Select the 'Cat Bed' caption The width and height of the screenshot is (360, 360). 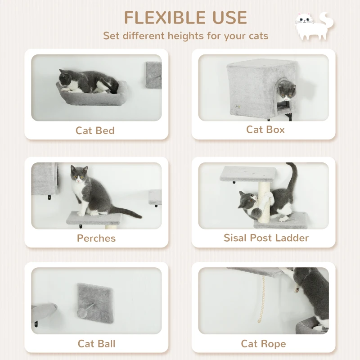click(x=95, y=130)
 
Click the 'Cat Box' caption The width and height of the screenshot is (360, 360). click(x=265, y=130)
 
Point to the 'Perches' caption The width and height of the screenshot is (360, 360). click(x=96, y=238)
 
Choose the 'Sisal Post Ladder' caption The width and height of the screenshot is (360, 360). click(x=266, y=238)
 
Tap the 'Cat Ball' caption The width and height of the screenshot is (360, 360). click(x=96, y=344)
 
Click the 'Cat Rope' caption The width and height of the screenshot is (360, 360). click(x=263, y=344)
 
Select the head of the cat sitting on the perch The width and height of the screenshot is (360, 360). click(x=79, y=175)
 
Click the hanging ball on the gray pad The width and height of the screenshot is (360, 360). click(x=84, y=311)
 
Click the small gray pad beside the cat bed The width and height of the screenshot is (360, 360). click(x=153, y=74)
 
